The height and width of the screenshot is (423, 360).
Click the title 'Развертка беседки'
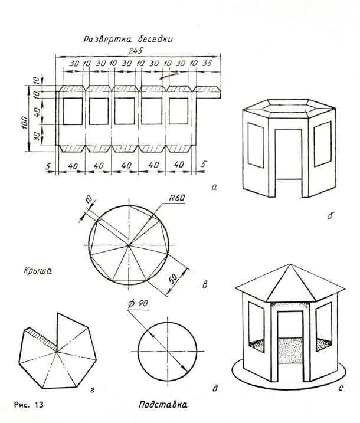pos(127,40)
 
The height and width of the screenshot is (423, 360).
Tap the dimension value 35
pos(206,63)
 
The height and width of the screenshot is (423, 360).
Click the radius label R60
pos(176,198)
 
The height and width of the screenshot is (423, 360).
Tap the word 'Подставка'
pos(163,405)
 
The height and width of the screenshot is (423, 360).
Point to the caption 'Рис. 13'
pos(28,405)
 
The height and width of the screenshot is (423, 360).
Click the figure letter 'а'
pos(214,187)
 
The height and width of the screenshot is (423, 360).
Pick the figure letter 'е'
pos(341,388)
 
